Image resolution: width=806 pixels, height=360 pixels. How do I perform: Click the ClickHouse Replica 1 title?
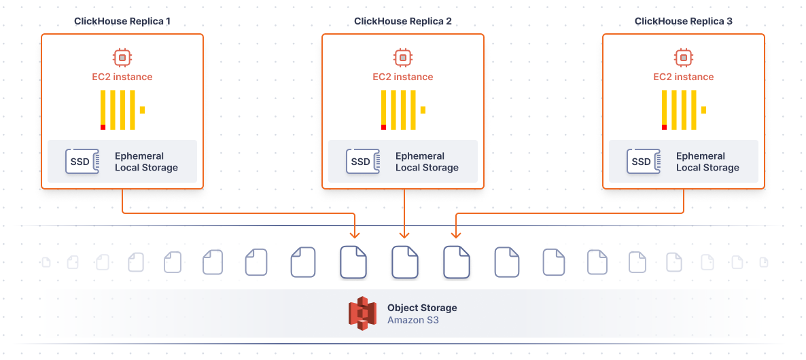(122, 21)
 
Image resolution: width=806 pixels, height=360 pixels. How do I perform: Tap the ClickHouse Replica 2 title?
(403, 21)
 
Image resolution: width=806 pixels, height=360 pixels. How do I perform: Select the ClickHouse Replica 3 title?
(684, 21)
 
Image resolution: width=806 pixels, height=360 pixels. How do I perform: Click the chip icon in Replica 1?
(122, 58)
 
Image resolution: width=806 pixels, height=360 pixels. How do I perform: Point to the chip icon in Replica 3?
(684, 58)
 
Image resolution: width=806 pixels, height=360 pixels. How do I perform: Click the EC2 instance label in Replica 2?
(403, 77)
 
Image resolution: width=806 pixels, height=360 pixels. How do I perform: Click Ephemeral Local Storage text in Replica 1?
(146, 162)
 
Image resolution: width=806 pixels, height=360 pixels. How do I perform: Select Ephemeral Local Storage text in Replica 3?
(707, 162)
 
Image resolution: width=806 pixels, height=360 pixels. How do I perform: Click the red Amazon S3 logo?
(362, 313)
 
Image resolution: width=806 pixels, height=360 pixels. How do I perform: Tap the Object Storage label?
(422, 308)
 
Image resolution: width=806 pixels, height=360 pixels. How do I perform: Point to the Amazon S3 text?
(413, 319)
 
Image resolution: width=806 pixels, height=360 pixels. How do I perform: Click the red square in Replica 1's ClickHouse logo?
(103, 127)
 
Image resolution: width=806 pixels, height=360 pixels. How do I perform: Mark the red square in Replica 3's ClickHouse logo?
(665, 127)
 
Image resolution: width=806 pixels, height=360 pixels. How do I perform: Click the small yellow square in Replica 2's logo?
(423, 109)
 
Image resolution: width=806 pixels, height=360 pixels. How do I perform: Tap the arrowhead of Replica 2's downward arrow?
(404, 234)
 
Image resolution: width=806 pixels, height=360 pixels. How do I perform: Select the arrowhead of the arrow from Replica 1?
(354, 234)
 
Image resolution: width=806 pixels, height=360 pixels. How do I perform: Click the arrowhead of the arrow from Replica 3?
(455, 234)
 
